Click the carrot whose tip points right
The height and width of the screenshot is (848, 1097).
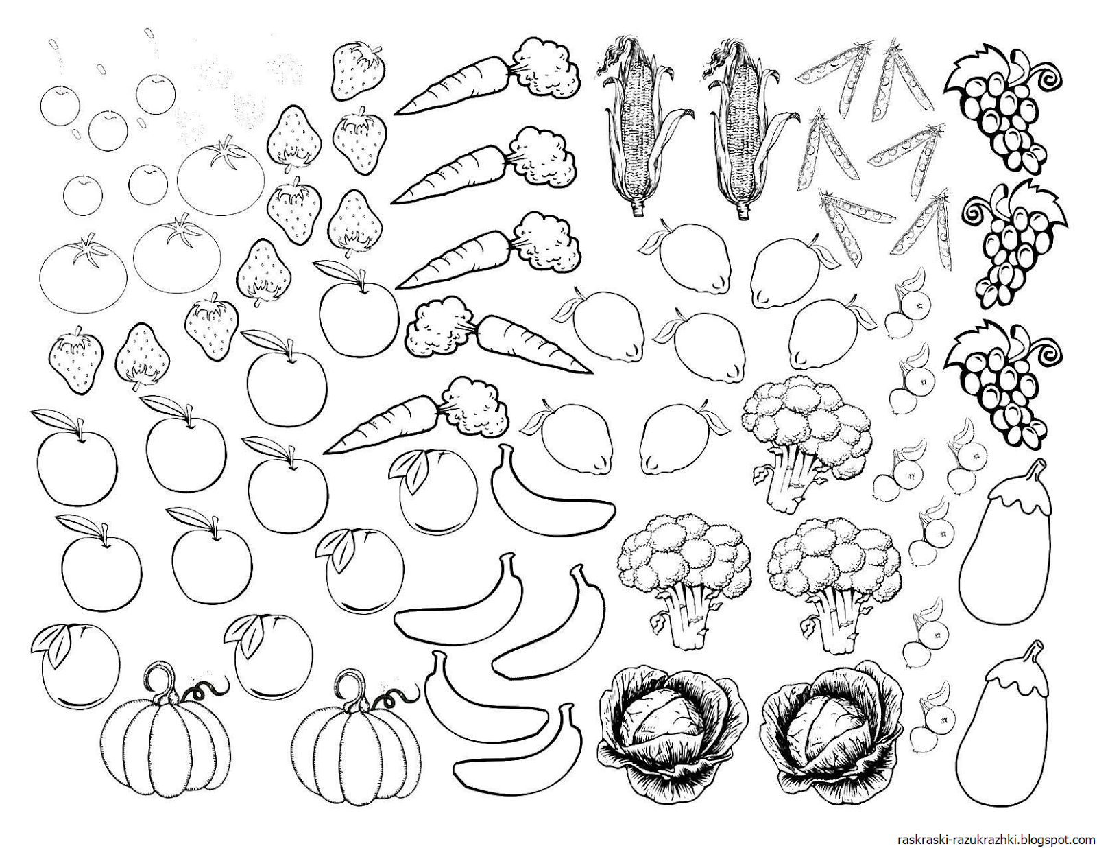[x=500, y=337]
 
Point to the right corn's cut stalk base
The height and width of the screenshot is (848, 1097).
[x=743, y=210]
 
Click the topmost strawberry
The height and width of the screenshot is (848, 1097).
[x=359, y=70]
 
